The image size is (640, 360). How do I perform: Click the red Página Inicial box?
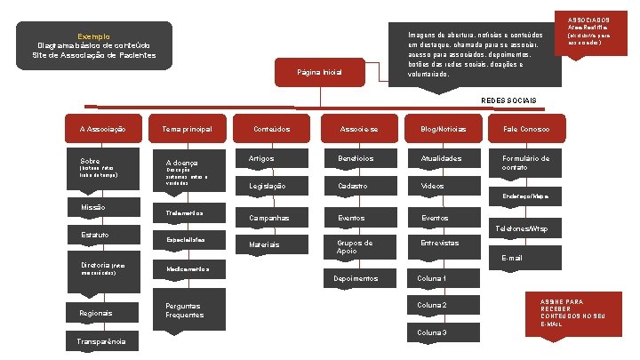pos(320,72)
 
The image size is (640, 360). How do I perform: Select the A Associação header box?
pos(102,130)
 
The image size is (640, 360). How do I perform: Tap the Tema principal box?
pos(188,130)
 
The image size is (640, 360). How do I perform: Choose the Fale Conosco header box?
pos(525,130)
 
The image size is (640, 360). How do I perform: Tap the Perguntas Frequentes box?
pos(188,310)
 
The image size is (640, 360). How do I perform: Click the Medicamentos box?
pos(188,268)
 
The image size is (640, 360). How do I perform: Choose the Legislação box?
pos(269,186)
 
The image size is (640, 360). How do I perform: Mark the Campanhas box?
pos(269,218)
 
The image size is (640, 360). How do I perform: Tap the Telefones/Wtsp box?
pos(525,229)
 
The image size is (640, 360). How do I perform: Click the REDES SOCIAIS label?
pos(508,99)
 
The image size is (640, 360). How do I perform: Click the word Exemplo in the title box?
pos(93,36)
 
